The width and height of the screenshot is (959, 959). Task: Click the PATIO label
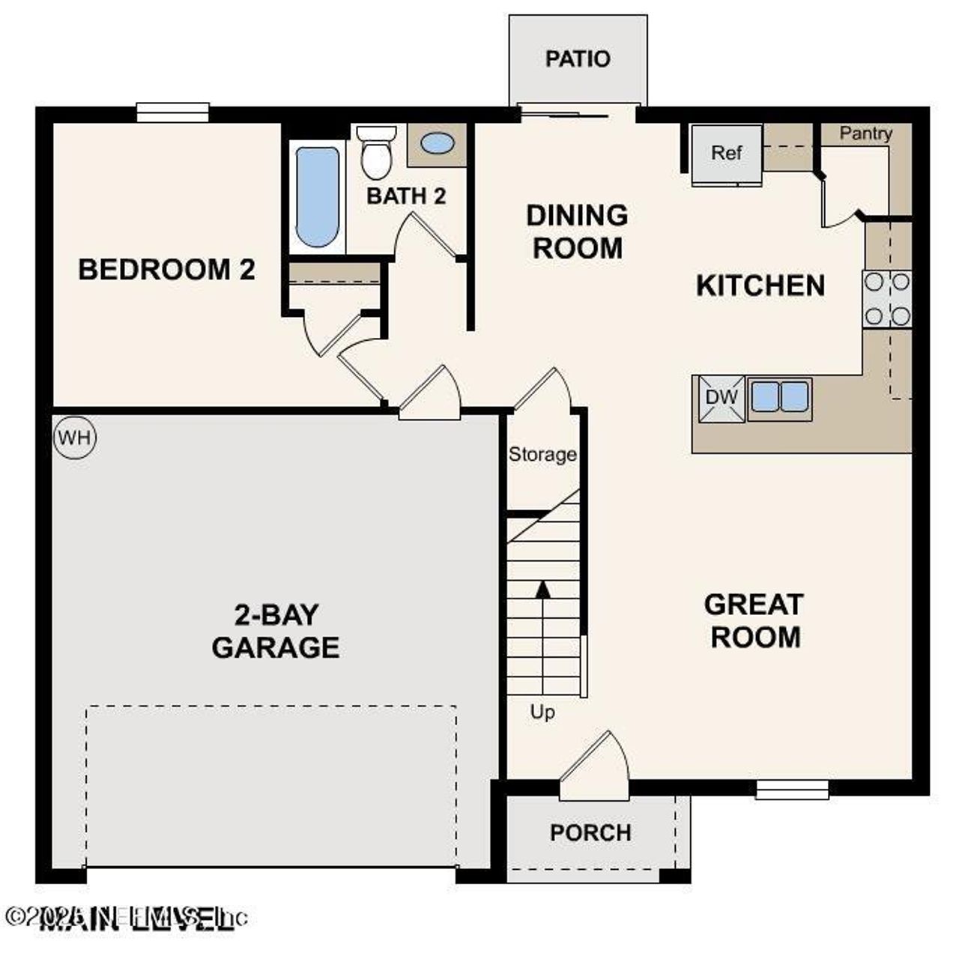click(577, 58)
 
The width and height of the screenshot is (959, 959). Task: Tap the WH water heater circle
click(75, 438)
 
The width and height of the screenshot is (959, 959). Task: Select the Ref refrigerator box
click(726, 154)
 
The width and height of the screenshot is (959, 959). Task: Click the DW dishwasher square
click(721, 398)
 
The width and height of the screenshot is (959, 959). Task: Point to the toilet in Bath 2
click(376, 153)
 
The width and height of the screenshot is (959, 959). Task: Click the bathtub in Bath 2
click(318, 197)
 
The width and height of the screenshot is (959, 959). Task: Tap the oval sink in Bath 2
click(437, 144)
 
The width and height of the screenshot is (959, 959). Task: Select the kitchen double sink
click(779, 396)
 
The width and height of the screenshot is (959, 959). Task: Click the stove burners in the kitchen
click(887, 299)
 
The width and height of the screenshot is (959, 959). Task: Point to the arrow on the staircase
click(543, 588)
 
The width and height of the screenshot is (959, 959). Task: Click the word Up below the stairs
click(542, 712)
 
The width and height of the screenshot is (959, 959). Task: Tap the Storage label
click(542, 454)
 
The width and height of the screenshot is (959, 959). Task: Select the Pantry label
click(865, 133)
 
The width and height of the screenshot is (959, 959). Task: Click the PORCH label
click(590, 832)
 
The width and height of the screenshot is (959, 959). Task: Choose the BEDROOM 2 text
click(166, 269)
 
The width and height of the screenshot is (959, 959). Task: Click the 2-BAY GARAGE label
click(276, 631)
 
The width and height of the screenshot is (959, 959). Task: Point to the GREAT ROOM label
click(754, 620)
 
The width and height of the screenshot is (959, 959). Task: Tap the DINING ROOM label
click(577, 231)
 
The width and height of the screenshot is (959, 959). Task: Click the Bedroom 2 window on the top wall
click(172, 112)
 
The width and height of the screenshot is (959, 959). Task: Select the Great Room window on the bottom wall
click(792, 790)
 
